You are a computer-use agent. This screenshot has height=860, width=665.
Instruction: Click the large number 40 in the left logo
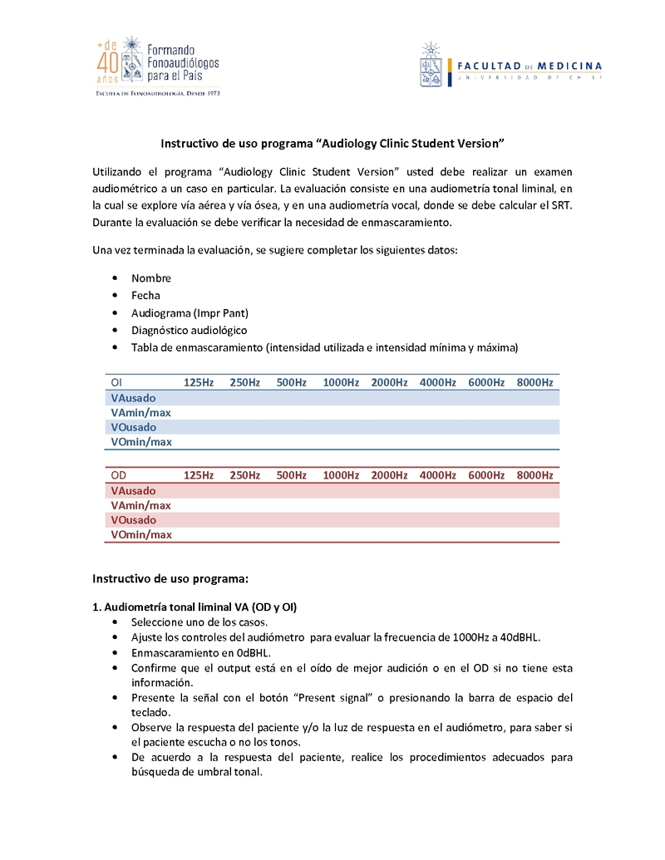click(108, 63)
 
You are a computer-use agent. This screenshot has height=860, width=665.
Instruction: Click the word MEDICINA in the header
click(570, 66)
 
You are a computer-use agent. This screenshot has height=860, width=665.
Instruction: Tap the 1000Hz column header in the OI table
click(341, 382)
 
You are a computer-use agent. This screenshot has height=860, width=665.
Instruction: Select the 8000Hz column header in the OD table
click(534, 475)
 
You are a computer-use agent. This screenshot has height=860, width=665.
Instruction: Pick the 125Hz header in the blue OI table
click(199, 382)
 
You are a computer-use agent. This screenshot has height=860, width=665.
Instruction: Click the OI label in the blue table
click(117, 382)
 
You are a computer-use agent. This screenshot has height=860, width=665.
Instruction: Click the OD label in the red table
click(119, 475)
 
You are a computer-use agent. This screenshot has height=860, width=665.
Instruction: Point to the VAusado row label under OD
click(133, 490)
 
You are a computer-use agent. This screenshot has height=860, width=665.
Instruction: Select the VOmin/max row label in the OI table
click(141, 442)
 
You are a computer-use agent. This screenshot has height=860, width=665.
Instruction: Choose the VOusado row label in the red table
click(133, 520)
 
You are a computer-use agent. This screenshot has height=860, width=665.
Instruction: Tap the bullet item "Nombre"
click(151, 278)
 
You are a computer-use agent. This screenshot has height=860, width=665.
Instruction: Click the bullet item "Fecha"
click(145, 296)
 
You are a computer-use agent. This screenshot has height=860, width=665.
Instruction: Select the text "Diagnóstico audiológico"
click(189, 331)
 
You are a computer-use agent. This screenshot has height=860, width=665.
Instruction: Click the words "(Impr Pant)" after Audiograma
click(221, 313)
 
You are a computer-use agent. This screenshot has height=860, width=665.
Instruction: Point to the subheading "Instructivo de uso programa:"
click(170, 577)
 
